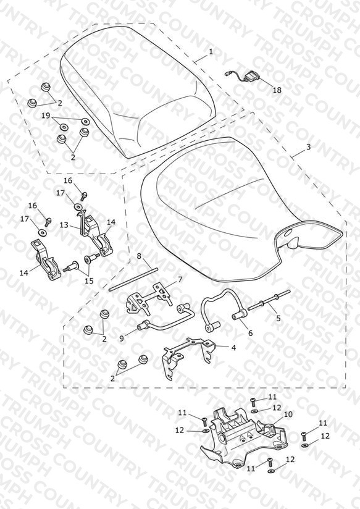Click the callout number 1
coord(211,52)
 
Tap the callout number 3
coord(308,147)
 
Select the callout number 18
coord(277,90)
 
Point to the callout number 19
coord(46,116)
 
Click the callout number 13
coord(64,225)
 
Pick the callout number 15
coord(89,280)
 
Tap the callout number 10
coord(288,414)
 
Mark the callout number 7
coord(180,279)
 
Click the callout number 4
coord(233,348)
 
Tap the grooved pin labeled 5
coord(269,300)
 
